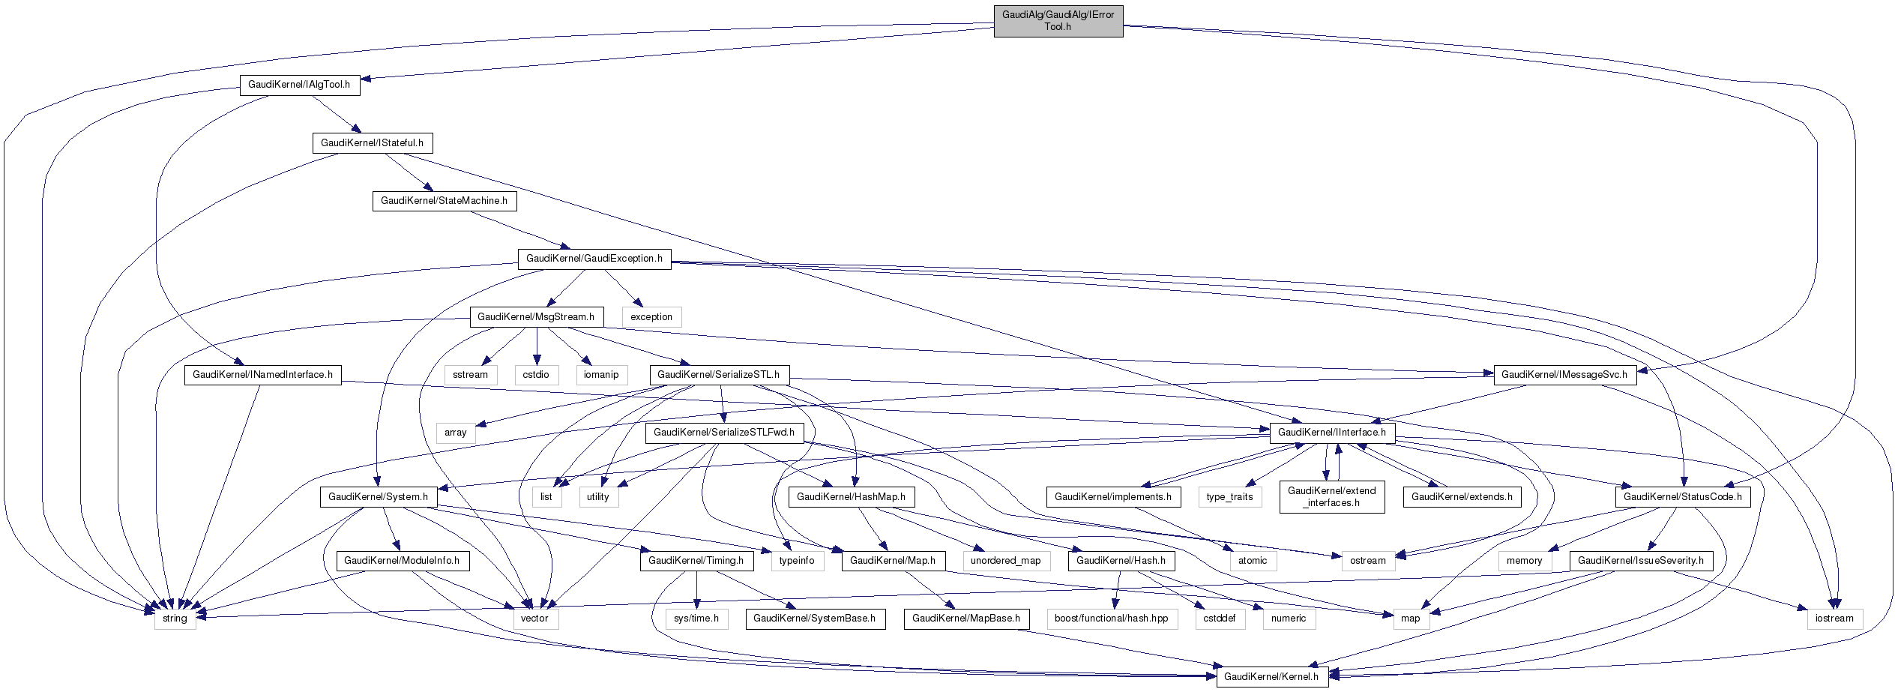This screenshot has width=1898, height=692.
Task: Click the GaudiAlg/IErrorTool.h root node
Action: coord(1058,21)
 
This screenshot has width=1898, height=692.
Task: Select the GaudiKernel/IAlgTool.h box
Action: coord(299,85)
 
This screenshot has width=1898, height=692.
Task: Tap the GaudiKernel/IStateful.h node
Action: coord(372,143)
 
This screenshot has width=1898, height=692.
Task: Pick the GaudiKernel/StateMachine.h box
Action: coord(444,201)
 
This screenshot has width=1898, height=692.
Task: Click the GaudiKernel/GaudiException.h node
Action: coord(594,259)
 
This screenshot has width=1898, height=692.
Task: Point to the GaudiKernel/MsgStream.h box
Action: coord(535,317)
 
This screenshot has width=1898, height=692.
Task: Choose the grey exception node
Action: coord(651,317)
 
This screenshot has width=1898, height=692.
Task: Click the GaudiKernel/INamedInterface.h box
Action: coord(262,375)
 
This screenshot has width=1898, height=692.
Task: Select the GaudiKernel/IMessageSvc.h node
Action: coord(1564,375)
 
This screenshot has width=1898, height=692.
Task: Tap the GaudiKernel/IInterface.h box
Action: coord(1331,433)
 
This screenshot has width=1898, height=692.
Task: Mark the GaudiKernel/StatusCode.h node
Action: coord(1682,497)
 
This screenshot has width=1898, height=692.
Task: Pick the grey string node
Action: coord(175,619)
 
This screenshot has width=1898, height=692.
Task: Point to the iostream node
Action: coord(1834,619)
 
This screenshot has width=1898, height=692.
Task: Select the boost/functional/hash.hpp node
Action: coord(1111,619)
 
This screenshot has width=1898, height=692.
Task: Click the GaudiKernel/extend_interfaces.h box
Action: coord(1331,497)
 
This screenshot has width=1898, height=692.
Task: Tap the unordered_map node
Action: coord(1005,561)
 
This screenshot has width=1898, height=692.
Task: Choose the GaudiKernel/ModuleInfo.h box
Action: coord(403,561)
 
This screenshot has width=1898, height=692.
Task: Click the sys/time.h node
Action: coord(696,619)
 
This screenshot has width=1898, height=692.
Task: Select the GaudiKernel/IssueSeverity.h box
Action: coord(1640,561)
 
